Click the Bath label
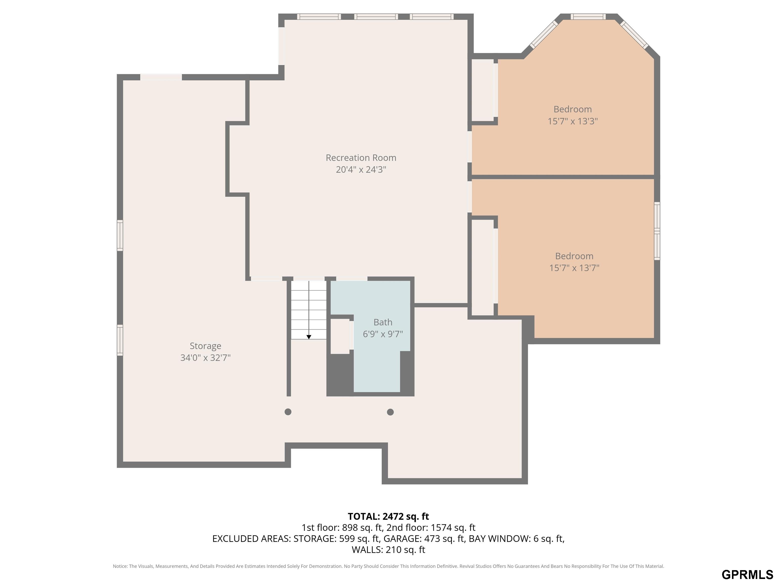[383, 322]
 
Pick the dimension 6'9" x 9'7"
[383, 334]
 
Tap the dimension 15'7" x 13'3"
[573, 122]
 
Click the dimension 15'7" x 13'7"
[574, 268]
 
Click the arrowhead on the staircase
[309, 337]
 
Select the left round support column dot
[288, 412]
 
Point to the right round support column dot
[390, 412]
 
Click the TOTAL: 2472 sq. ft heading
[388, 516]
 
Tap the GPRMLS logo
[747, 575]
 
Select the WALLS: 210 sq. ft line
[388, 550]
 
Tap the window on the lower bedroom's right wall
[657, 231]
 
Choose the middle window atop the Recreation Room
[376, 16]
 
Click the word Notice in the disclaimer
[120, 566]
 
